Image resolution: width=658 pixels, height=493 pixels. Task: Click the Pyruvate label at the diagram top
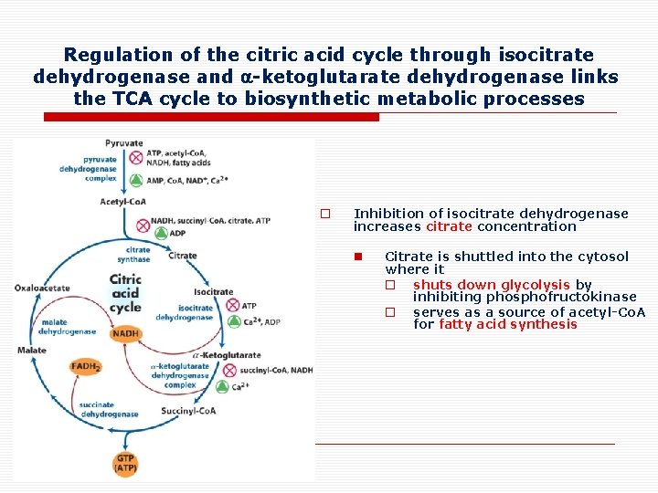pos(123,143)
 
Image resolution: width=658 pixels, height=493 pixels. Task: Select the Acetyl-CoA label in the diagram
pos(122,202)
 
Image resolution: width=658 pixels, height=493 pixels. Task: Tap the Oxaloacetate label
pos(42,288)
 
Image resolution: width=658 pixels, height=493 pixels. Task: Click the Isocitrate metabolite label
pos(213,292)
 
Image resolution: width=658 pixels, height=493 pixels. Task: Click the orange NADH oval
pos(125,334)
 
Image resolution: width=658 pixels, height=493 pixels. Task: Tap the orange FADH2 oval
pos(86,367)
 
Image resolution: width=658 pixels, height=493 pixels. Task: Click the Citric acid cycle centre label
pos(125,293)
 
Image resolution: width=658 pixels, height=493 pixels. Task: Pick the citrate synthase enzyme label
pos(138,254)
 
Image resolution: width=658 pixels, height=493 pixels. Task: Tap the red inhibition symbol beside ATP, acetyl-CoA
pos(136,158)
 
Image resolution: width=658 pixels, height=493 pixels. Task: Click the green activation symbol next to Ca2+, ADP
pos(232,321)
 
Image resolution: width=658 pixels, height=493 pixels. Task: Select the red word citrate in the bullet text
pos(449,226)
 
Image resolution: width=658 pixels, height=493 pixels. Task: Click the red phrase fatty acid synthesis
pos(508,324)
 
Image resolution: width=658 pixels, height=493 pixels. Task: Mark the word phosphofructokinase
pos(525,298)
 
